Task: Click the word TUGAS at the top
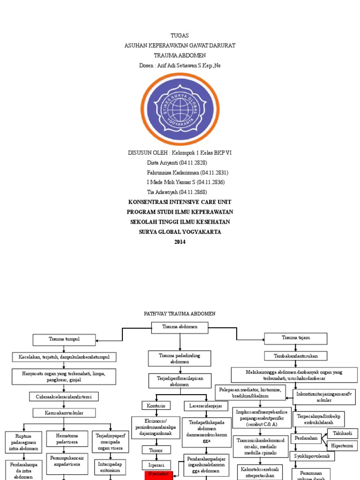[x=180, y=36]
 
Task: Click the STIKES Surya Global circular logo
[x=180, y=109]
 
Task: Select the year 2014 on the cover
[x=180, y=242]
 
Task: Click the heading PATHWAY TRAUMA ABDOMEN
[x=180, y=314]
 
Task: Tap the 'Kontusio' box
[x=156, y=405]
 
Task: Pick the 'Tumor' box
[x=156, y=450]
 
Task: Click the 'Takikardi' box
[x=342, y=434]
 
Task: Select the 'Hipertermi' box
[x=342, y=446]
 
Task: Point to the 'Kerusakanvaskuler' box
[x=64, y=412]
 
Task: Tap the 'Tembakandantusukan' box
[x=295, y=356]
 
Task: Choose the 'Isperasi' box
[x=156, y=465]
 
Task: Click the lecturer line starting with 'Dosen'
[x=180, y=66]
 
